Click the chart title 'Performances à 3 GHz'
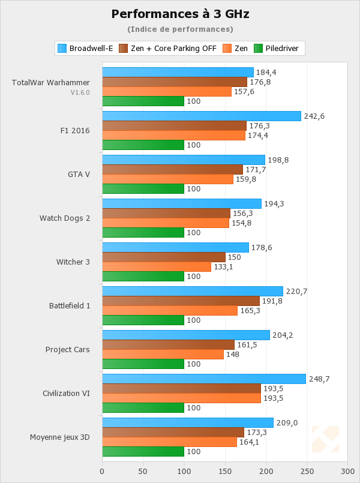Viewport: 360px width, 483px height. [180, 14]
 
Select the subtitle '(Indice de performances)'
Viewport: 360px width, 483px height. [180, 29]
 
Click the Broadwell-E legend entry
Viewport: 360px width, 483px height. [85, 48]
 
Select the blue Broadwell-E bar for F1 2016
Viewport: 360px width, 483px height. [202, 116]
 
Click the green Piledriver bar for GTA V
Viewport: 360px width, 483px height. [143, 188]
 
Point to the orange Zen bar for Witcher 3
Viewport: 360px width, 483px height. [157, 267]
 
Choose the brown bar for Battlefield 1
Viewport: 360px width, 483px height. [181, 301]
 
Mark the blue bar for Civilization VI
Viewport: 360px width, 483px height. [204, 379]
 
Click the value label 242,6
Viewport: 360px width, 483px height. [314, 116]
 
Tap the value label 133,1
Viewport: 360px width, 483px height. [224, 267]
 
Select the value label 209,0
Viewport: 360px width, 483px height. [287, 423]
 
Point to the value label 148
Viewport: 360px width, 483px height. [233, 355]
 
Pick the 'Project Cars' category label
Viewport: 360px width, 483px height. [68, 350]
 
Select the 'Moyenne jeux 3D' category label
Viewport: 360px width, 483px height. [60, 437]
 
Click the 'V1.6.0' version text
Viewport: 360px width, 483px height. [80, 92]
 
